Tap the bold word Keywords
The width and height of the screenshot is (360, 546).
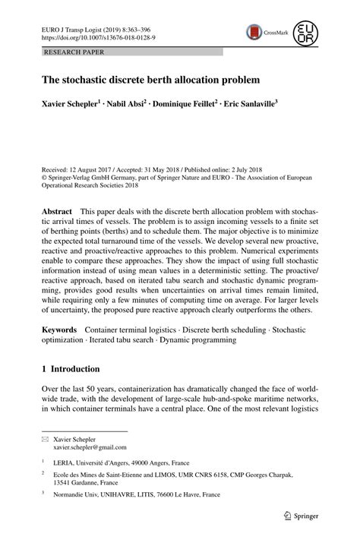coord(59,330)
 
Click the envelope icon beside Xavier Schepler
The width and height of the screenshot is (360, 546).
coord(45,439)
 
